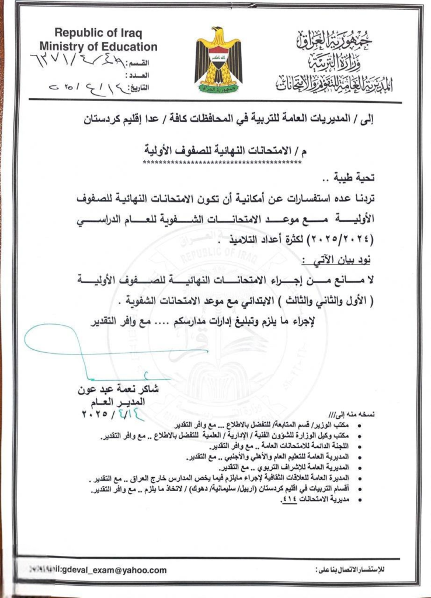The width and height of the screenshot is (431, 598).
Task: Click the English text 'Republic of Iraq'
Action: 98,33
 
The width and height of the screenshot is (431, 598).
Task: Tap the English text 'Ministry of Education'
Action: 98,47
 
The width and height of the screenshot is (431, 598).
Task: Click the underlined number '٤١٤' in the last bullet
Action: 290,500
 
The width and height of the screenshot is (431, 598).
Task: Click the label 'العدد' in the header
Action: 146,75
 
